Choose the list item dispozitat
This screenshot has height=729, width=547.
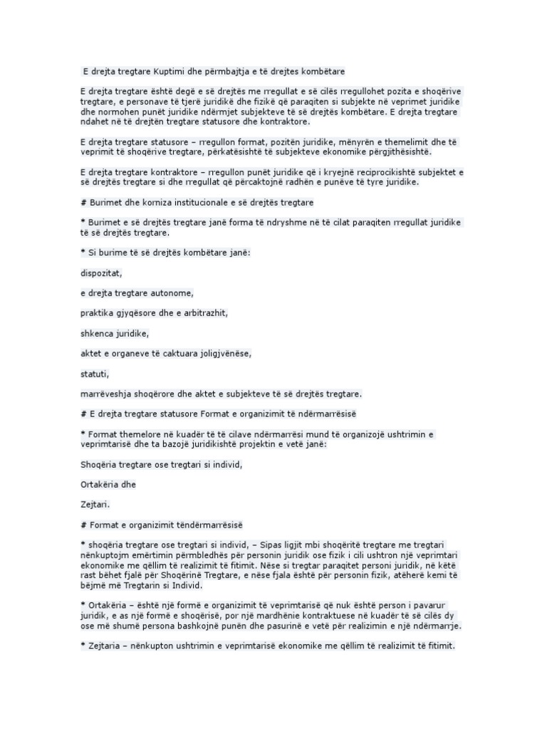[x=102, y=272]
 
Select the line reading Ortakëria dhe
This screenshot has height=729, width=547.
[x=107, y=484]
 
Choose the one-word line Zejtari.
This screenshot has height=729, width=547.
[x=95, y=504]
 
